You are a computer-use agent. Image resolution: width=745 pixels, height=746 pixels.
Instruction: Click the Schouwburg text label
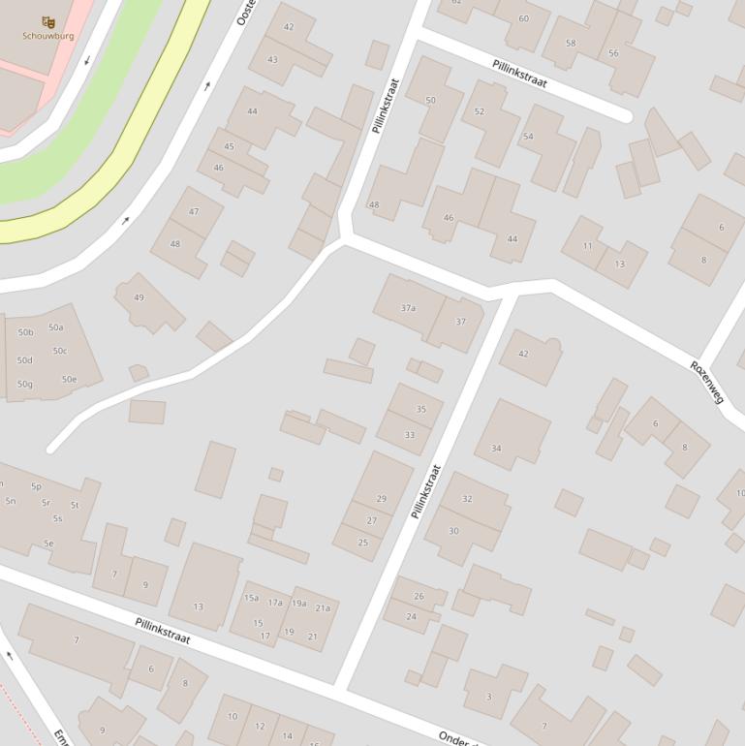(x=48, y=36)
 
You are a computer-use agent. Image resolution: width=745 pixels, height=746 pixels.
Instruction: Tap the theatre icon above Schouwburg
(x=48, y=21)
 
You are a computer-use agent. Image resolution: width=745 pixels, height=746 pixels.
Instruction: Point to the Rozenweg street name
(x=707, y=381)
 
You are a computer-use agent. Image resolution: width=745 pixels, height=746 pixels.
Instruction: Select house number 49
(x=139, y=297)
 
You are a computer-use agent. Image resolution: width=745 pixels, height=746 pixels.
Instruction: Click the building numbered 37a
(x=408, y=308)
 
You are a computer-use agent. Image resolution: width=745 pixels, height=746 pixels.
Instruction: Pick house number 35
(x=420, y=409)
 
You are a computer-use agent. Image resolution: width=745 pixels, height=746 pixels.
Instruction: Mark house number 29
(x=381, y=499)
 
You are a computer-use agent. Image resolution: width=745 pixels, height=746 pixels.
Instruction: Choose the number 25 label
(x=363, y=543)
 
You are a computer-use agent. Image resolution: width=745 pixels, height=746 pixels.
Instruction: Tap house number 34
(x=496, y=449)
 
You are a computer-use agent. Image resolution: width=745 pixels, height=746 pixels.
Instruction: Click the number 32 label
(x=467, y=499)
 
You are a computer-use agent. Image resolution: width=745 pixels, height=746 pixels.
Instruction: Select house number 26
(x=419, y=596)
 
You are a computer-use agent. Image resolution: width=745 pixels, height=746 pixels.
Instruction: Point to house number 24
(x=411, y=616)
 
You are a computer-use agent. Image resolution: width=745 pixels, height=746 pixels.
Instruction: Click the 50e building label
(x=69, y=379)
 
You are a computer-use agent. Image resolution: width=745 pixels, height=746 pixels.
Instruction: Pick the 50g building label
(x=24, y=385)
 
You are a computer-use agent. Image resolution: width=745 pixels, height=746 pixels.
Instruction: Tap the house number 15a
(x=251, y=598)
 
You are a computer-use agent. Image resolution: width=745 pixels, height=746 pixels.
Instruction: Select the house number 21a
(x=323, y=608)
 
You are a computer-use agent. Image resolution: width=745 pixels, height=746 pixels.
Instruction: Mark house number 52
(x=479, y=111)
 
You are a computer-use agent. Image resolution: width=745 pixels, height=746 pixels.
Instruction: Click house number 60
(x=523, y=18)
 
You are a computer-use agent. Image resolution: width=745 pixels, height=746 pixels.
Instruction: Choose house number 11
(x=587, y=246)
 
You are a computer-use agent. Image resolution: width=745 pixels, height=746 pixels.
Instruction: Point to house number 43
(x=272, y=60)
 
